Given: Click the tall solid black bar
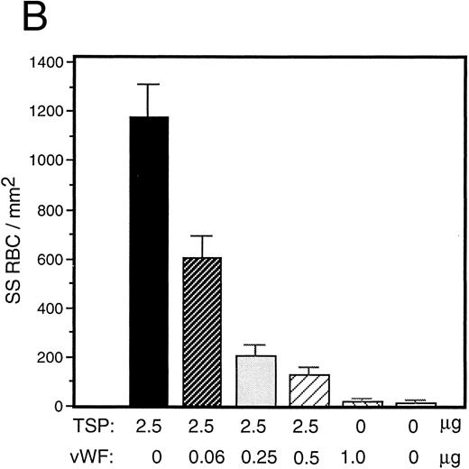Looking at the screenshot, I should pyautogui.click(x=149, y=262).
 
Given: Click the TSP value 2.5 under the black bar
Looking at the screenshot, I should pyautogui.click(x=150, y=422).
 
